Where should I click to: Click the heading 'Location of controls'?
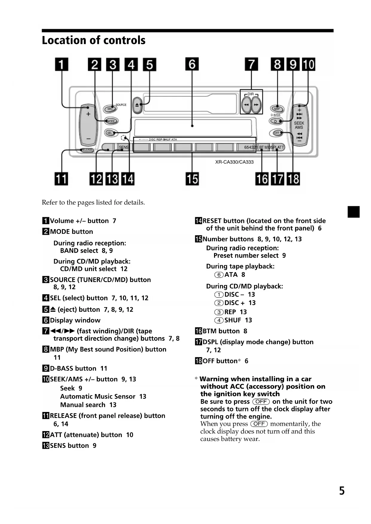tap(94, 40)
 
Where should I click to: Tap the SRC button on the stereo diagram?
tap(110, 109)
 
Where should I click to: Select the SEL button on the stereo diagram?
tap(110, 133)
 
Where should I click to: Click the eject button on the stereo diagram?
tap(137, 105)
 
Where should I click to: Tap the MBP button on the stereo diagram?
tap(277, 109)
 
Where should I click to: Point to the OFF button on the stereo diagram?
tap(277, 133)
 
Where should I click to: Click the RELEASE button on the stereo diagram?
tap(87, 150)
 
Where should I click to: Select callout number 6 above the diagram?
tap(192, 64)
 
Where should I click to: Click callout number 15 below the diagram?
tap(192, 179)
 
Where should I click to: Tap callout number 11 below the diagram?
tap(61, 179)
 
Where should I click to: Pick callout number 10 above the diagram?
tap(309, 65)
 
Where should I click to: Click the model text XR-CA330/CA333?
tap(234, 162)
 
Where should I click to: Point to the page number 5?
tap(342, 491)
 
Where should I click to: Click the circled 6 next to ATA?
tap(219, 275)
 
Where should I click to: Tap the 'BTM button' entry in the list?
tap(221, 331)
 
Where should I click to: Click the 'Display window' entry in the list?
tap(75, 320)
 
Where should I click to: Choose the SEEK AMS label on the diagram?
tap(299, 125)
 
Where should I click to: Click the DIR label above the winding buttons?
tap(251, 94)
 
